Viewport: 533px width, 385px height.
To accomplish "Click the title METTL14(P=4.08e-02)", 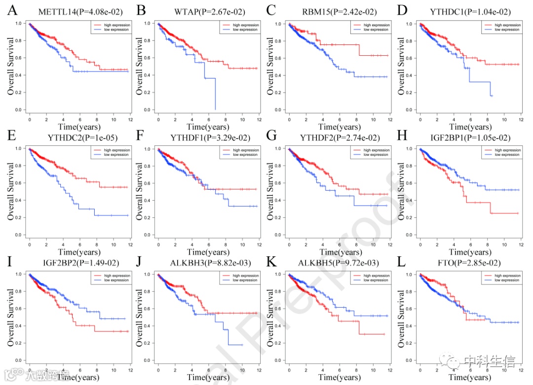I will tap(73, 11).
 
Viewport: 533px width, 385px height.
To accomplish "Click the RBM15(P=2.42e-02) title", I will tap(334, 11).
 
